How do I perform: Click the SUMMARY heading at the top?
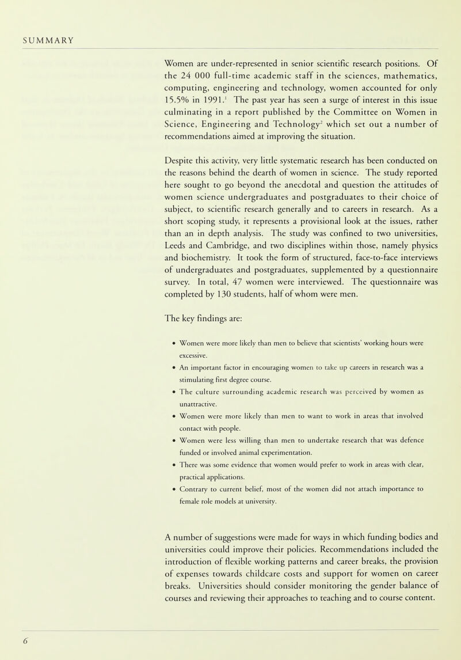48,40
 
